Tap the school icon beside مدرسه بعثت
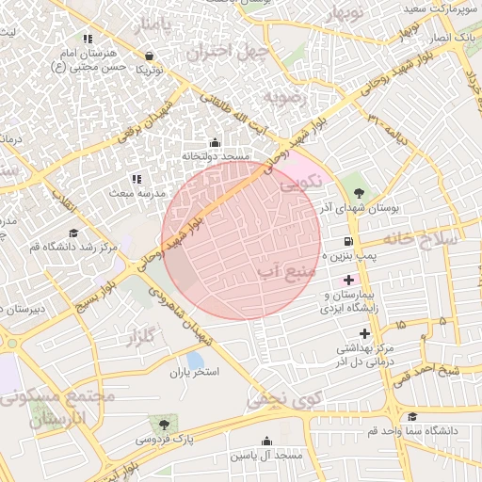137,179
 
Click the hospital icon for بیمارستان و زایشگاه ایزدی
349,281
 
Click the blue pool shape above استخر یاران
195,361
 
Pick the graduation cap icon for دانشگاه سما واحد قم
410,417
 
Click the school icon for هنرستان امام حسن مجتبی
88,40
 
